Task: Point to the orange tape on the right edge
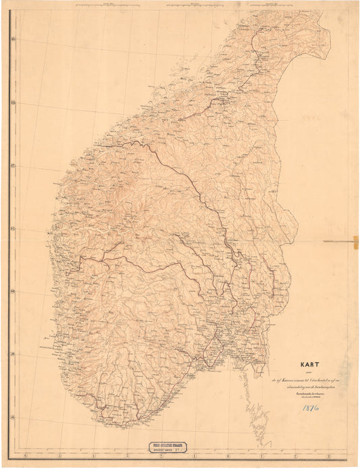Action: (x=355, y=241)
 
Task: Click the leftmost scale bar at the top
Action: (x=108, y=4)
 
